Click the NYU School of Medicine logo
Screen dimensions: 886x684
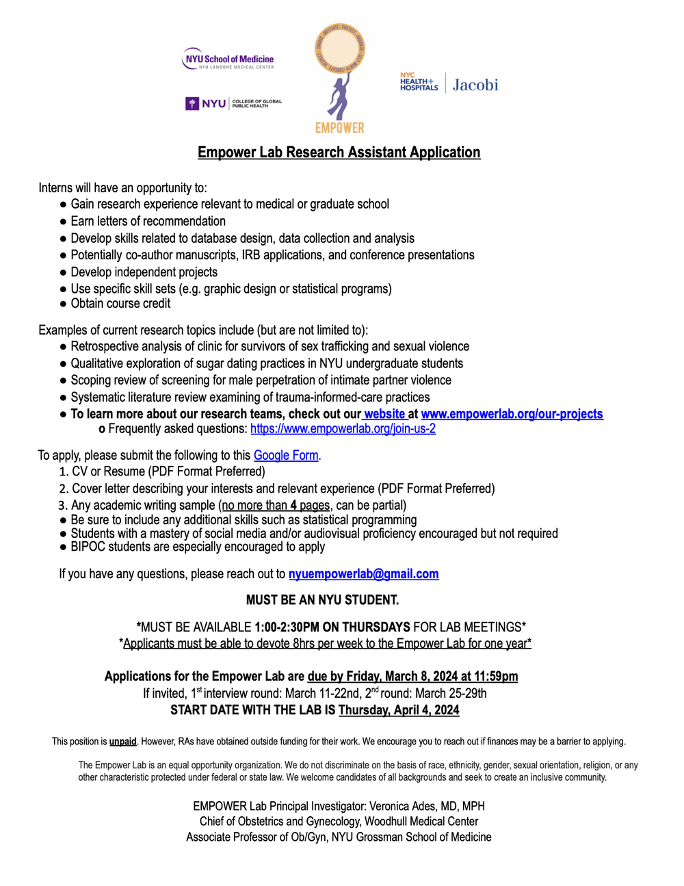tap(228, 60)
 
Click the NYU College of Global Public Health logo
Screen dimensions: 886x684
tap(233, 103)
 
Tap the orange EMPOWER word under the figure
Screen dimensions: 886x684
tap(339, 127)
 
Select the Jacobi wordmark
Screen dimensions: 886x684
tap(475, 85)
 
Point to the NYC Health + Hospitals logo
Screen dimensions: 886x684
tap(419, 81)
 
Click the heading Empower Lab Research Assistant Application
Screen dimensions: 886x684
tap(339, 152)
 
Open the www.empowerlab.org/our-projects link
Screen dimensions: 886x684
tap(512, 414)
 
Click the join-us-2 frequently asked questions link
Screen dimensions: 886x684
tap(343, 429)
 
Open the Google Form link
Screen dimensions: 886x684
tap(286, 455)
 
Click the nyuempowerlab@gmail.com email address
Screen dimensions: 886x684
tap(363, 574)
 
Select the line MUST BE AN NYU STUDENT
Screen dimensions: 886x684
tap(322, 600)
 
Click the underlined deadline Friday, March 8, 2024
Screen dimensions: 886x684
tap(412, 676)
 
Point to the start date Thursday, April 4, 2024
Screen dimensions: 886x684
tap(399, 709)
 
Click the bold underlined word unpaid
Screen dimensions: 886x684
tap(123, 741)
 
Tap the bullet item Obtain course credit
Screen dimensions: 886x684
tap(120, 303)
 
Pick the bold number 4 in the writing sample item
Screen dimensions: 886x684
tap(293, 506)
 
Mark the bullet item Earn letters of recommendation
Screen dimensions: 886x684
tap(148, 221)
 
